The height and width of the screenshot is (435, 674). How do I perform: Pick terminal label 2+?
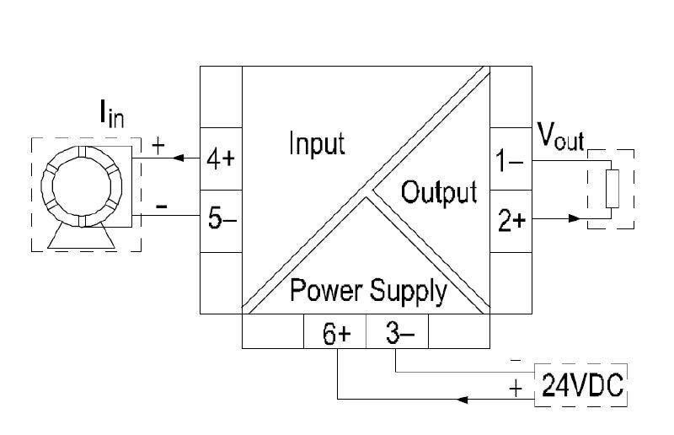(x=512, y=221)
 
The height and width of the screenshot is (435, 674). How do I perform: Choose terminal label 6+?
(x=335, y=334)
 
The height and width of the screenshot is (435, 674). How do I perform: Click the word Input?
(x=317, y=143)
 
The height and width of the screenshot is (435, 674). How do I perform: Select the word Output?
(x=439, y=192)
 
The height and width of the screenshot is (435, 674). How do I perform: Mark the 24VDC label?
(x=581, y=386)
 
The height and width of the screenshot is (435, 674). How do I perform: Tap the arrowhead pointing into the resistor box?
(x=575, y=218)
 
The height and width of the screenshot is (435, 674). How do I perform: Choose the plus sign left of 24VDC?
(x=516, y=389)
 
